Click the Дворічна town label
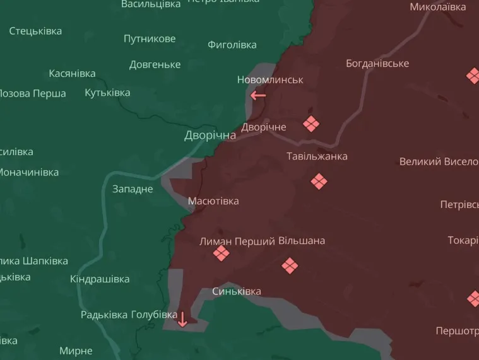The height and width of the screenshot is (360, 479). point(210,136)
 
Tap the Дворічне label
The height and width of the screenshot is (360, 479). point(264,127)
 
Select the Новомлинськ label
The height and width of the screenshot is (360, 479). point(270,80)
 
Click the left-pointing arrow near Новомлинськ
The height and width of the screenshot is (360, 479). point(258,96)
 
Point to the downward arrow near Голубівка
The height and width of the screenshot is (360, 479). point(182,319)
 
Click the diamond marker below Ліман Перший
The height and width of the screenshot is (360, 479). point(221,253)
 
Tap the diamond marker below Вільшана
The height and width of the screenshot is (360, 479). point(290,266)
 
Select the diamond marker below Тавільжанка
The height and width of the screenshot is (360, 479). point(319,182)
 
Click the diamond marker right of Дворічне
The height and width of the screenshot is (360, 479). point(310,124)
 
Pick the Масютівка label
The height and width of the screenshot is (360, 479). point(213,201)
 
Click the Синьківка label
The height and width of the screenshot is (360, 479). point(237,291)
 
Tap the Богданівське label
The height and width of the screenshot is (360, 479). point(377,64)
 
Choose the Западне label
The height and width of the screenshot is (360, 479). point(133,189)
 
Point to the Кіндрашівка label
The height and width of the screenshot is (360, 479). point(100,279)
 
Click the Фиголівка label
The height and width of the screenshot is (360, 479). point(232,45)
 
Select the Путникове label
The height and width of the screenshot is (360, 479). point(150,39)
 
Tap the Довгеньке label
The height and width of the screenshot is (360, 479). point(155,65)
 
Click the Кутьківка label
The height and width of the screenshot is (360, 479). point(107,93)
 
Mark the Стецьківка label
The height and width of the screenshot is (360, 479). point(35,31)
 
